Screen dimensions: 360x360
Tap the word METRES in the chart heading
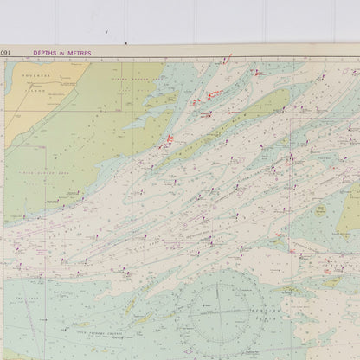pyautogui.click(x=79, y=53)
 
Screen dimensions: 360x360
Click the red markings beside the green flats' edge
pyautogui.click(x=169, y=138)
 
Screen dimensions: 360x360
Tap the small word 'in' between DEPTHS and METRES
pyautogui.click(x=63, y=53)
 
